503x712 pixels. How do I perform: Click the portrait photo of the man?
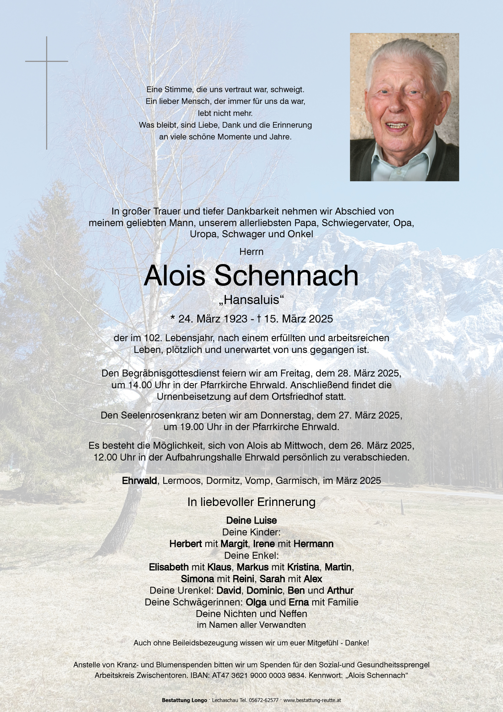coord(404,107)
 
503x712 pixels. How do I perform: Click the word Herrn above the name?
coord(251,252)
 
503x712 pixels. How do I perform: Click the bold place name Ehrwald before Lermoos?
coord(139,481)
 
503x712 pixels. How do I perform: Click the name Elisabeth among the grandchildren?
coord(169,567)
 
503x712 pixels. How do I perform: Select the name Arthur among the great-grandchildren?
coord(340,590)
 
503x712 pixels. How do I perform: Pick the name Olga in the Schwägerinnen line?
coord(256,602)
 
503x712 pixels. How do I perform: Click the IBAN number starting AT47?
coord(258,675)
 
